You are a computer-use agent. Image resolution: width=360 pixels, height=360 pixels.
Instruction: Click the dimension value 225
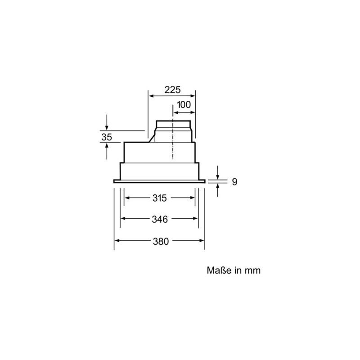(172, 90)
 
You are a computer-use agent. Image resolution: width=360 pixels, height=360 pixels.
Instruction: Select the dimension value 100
(183, 104)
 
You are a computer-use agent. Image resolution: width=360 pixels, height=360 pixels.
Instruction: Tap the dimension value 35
(106, 137)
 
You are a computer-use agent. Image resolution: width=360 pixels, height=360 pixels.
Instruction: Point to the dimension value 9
(234, 182)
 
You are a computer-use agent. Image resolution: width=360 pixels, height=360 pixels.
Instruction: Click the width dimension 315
(159, 198)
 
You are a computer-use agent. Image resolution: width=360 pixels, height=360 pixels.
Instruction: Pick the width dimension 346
(159, 219)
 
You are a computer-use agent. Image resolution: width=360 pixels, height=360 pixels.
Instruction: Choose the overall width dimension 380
(160, 241)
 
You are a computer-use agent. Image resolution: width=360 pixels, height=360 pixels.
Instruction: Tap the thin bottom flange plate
(160, 181)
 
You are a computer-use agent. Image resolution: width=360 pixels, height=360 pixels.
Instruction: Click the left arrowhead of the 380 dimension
(117, 241)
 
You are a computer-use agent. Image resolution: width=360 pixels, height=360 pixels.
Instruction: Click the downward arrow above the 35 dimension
(107, 126)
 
